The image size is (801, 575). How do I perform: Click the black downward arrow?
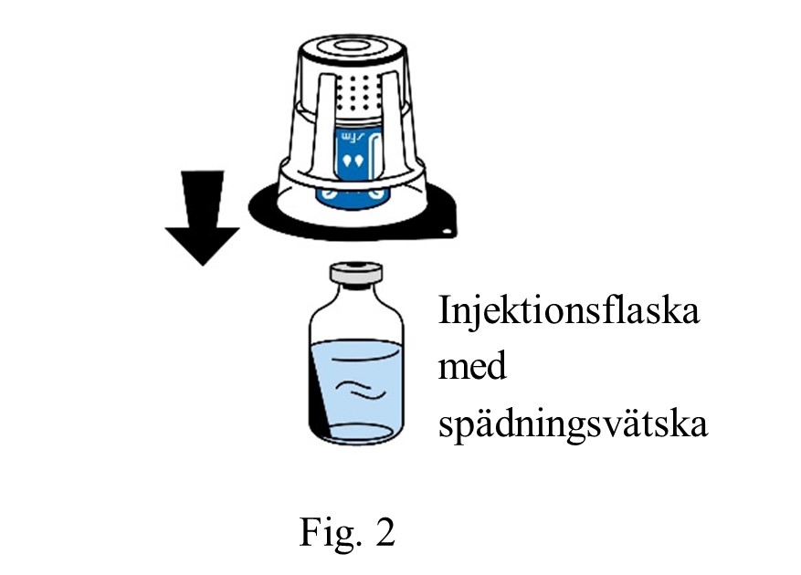click(x=202, y=225)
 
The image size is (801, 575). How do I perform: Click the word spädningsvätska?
click(x=573, y=426)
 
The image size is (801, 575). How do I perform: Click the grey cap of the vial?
click(x=357, y=272)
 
